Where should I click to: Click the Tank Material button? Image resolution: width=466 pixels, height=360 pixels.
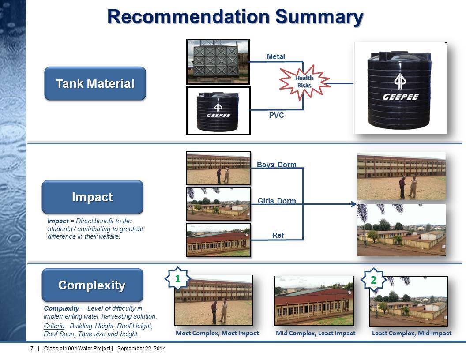click(x=95, y=83)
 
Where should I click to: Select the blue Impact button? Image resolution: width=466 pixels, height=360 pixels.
click(x=92, y=197)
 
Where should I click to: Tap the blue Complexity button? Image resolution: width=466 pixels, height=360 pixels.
click(x=92, y=285)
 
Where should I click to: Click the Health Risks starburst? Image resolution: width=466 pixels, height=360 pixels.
click(x=304, y=82)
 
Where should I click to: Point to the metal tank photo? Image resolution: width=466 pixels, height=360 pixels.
click(x=218, y=62)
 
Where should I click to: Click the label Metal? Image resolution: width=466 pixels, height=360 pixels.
click(x=276, y=56)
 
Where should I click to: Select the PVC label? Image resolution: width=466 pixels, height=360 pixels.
click(x=276, y=115)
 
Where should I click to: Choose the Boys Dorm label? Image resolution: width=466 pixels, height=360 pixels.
click(x=276, y=165)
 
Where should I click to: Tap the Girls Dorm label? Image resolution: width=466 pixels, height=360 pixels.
click(x=277, y=201)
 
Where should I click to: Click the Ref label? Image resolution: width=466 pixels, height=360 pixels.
click(x=278, y=235)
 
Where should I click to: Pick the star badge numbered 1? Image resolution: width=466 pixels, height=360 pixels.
click(x=177, y=279)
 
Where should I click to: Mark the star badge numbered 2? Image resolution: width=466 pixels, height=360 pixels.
click(x=374, y=280)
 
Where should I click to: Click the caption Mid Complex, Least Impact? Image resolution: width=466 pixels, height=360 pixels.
click(x=316, y=333)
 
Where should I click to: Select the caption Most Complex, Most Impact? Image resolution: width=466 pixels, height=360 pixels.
click(x=217, y=333)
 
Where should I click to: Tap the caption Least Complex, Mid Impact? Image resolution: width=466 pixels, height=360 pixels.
click(x=412, y=333)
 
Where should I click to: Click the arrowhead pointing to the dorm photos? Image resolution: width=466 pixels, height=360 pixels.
click(x=354, y=204)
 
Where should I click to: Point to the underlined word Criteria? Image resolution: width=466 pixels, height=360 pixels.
click(x=54, y=326)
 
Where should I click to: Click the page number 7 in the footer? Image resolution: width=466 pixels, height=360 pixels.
click(x=32, y=349)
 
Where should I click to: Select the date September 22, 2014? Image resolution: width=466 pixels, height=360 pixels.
click(x=142, y=349)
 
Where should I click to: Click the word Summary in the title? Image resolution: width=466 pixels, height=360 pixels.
click(x=319, y=17)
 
